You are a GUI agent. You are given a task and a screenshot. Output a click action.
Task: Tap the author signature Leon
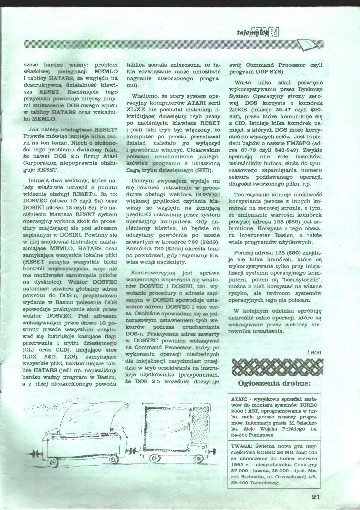point(314,352)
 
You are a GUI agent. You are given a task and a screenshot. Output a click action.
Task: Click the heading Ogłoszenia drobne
point(274,383)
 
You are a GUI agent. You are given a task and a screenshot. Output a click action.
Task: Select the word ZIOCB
point(239,110)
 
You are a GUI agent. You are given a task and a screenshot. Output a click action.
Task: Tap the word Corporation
point(40,163)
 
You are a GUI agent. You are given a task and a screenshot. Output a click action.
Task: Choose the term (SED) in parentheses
point(204,170)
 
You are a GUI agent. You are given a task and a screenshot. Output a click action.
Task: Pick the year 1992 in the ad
point(237,465)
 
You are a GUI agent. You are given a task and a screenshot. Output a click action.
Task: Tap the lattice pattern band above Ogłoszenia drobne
point(276,368)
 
